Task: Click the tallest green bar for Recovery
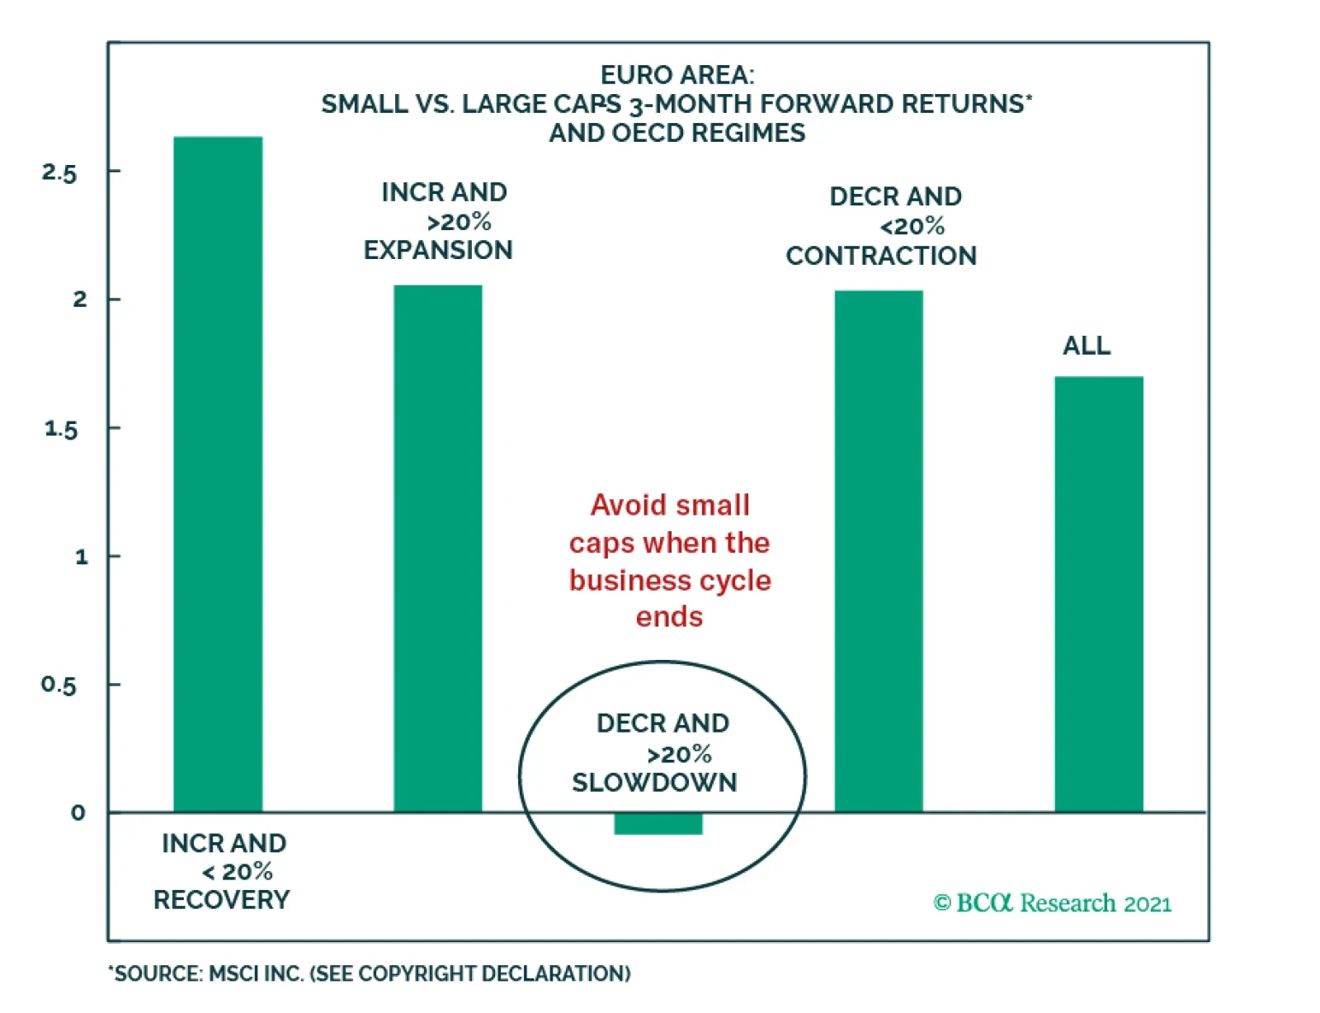coord(218,474)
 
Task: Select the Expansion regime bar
coord(437,549)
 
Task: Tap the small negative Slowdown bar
coord(658,823)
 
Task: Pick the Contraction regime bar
coord(879,551)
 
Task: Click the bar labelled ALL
coord(1099,594)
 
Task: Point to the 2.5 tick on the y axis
coord(59,173)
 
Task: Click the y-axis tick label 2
coord(79,299)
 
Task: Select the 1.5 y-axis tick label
coord(60,429)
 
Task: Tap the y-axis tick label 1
coord(81,558)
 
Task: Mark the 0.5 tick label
coord(59,686)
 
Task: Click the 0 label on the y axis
coord(78,813)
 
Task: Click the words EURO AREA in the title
coord(676,75)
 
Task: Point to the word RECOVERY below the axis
coord(221,900)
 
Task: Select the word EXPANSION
coord(438,250)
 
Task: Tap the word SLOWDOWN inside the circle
coord(654,783)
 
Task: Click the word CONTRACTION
coord(881,256)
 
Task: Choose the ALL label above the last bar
coord(1087,346)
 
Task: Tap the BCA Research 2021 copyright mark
coord(1052,903)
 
